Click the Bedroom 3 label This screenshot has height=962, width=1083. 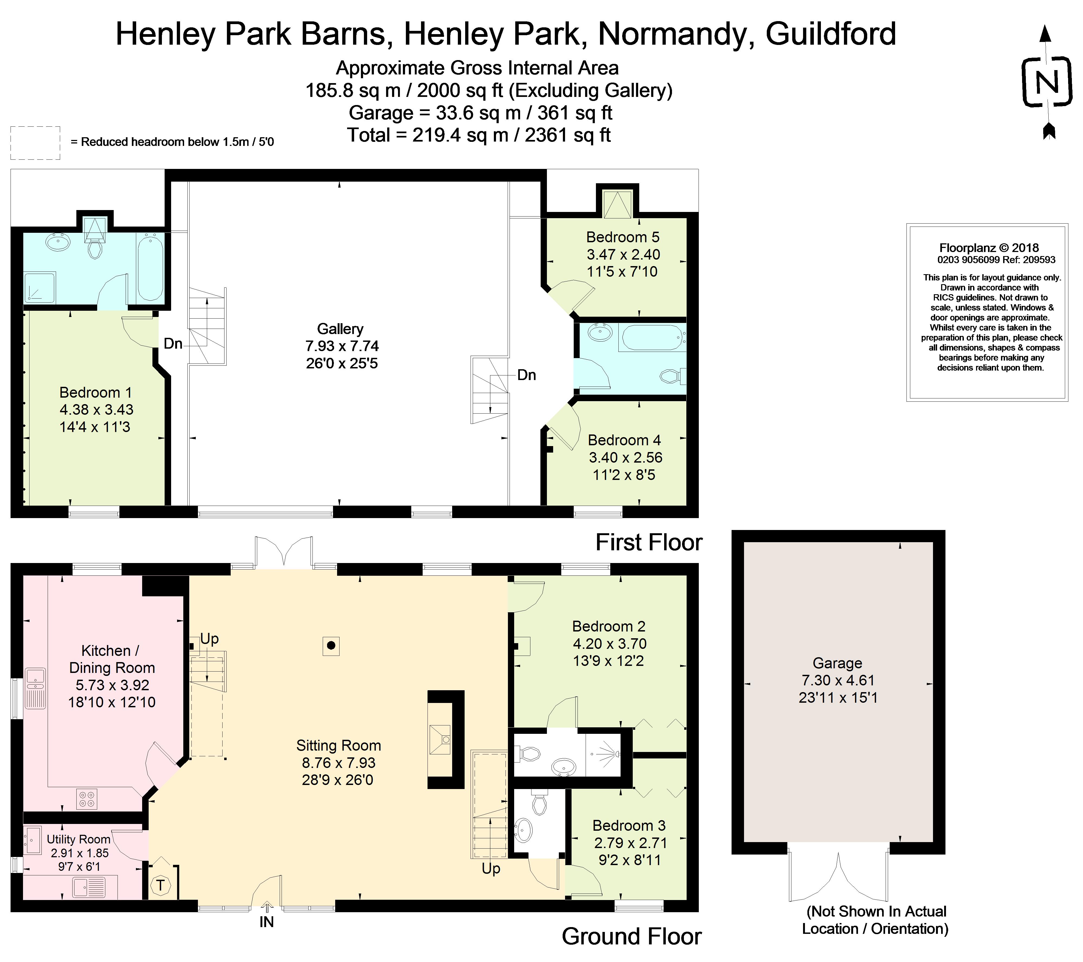[629, 825]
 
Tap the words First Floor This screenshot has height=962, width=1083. [649, 542]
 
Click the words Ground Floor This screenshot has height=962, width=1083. [632, 937]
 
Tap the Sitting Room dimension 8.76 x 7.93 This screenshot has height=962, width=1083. [338, 763]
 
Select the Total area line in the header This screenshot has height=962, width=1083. [479, 135]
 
